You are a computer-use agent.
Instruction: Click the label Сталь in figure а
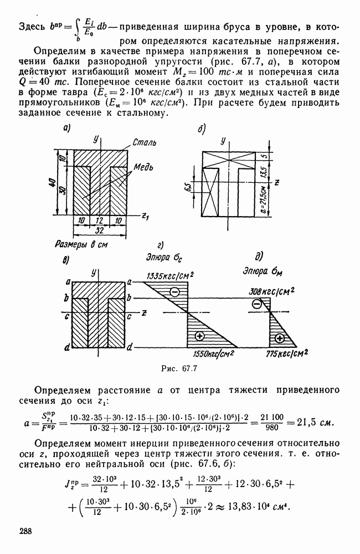(x=145, y=143)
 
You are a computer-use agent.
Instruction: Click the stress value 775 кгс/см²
(x=287, y=353)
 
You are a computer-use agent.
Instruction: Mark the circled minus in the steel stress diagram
(x=174, y=292)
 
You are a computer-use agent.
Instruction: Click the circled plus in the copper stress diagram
(x=280, y=338)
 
